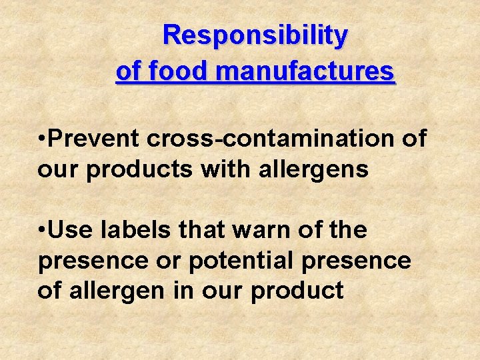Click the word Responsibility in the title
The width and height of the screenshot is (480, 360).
click(255, 35)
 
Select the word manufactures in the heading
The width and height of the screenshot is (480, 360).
click(303, 70)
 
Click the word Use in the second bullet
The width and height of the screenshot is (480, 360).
click(71, 230)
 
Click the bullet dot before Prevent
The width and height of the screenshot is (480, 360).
click(42, 139)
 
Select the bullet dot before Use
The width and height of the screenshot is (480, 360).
click(42, 231)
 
